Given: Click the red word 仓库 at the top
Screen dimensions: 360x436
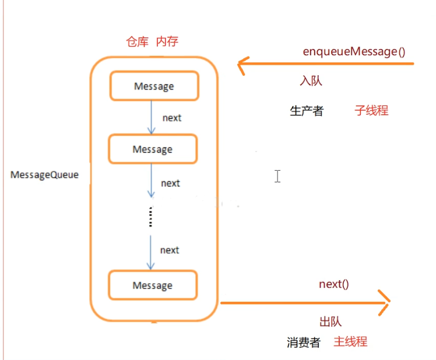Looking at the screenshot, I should pyautogui.click(x=138, y=42).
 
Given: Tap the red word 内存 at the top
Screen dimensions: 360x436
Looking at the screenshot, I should pyautogui.click(x=167, y=42).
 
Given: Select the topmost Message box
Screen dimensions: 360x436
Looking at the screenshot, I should pyautogui.click(x=154, y=86).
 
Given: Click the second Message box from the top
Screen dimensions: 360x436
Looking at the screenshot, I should pyautogui.click(x=153, y=149).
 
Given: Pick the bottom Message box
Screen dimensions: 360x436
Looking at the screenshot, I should pyautogui.click(x=153, y=285).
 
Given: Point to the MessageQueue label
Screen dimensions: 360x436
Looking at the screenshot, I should pyautogui.click(x=44, y=175).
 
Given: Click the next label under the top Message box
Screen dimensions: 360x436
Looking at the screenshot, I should pyautogui.click(x=171, y=118).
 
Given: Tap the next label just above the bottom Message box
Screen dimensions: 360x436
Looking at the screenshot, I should pyautogui.click(x=170, y=250).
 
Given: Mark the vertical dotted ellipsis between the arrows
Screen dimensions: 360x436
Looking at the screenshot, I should pyautogui.click(x=150, y=217).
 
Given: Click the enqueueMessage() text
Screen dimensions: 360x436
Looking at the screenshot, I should pyautogui.click(x=354, y=51).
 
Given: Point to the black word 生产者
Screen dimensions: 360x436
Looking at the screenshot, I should pyautogui.click(x=307, y=111).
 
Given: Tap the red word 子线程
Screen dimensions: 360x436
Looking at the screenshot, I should pyautogui.click(x=371, y=111).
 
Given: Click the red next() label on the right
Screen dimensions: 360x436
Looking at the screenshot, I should pyautogui.click(x=333, y=285).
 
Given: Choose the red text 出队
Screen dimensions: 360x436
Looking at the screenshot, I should pyautogui.click(x=330, y=322).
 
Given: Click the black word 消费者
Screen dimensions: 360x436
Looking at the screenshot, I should pyautogui.click(x=304, y=343).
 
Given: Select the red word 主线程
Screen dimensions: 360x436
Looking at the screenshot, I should pyautogui.click(x=350, y=342).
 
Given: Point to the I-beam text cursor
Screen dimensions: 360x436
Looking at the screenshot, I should pyautogui.click(x=277, y=176).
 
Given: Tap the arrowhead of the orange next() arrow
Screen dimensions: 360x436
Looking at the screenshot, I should pyautogui.click(x=385, y=303).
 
